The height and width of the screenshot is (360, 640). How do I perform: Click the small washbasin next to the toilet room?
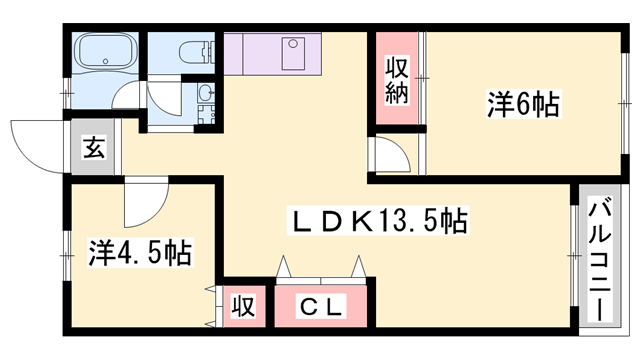tap(205, 94)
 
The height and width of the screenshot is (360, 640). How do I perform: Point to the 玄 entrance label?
tap(92, 149)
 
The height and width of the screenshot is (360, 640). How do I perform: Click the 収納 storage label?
tap(395, 82)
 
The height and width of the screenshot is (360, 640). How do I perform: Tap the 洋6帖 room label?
tap(522, 103)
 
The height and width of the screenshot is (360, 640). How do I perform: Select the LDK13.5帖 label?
tap(379, 219)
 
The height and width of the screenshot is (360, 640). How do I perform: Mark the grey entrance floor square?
tap(92, 150)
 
